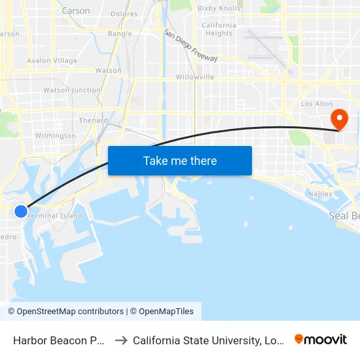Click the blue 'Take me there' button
pos(180,160)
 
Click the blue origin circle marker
pos(21,211)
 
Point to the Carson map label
pos(76,10)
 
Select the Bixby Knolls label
pos(219,9)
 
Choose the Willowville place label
pos(195,77)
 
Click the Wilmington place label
pos(56,135)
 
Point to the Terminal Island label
pos(56,215)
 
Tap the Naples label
pos(320,194)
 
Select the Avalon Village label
pos(52,60)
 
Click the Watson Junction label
pos(72,90)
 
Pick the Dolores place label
pos(124,14)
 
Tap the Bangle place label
pos(120,33)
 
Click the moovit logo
pos(321,339)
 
